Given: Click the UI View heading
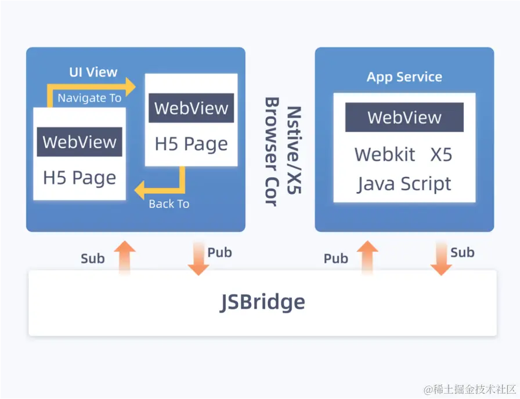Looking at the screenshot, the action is click(93, 72).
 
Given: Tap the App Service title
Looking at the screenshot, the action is click(405, 77).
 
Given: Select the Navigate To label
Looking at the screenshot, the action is click(89, 98).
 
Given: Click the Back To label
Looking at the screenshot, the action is click(169, 204).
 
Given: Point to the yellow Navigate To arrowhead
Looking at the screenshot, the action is click(131, 87).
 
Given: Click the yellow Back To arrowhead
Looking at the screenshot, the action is click(139, 190).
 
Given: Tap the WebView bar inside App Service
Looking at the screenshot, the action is click(405, 117).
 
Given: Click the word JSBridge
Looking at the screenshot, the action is click(262, 302).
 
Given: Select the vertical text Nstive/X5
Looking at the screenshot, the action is click(294, 150).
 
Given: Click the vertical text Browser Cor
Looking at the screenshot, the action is click(272, 152).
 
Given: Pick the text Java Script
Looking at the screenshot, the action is click(405, 184).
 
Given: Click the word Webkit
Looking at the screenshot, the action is click(385, 154).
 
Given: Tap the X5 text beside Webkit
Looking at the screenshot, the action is click(441, 154).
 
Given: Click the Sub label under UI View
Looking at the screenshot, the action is click(93, 259).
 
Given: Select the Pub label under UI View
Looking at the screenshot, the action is click(219, 252).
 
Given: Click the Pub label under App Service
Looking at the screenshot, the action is click(336, 259).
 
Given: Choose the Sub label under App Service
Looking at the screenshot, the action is click(463, 252).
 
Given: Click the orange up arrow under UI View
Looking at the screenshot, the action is click(125, 258).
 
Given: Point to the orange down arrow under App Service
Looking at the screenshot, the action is click(441, 259).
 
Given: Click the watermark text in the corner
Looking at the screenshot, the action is click(470, 389).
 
